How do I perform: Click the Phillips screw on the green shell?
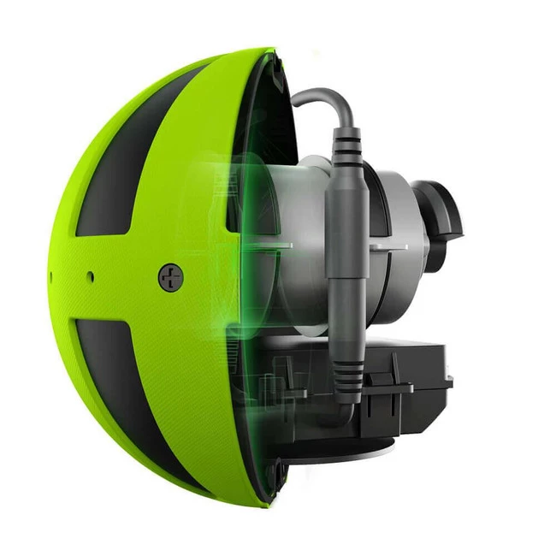pos(171,276)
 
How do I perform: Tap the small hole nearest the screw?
pos(90,275)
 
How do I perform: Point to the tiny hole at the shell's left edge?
pos(52,275)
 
